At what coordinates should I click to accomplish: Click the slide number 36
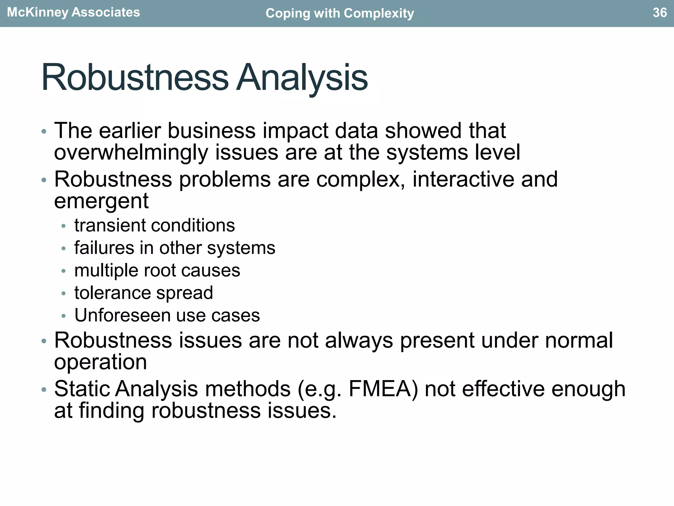[x=660, y=13]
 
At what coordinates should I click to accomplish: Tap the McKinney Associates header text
[x=73, y=13]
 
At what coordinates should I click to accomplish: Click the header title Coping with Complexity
[x=340, y=13]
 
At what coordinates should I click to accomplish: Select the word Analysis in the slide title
[x=302, y=78]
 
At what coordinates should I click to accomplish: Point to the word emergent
[x=101, y=201]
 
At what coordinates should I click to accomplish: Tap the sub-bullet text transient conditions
[x=155, y=226]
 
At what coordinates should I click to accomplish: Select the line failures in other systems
[x=175, y=248]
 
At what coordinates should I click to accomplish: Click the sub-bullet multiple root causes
[x=157, y=270]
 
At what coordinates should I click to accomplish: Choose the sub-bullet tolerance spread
[x=144, y=293]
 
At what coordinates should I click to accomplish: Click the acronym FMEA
[x=380, y=389]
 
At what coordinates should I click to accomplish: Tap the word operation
[x=100, y=362]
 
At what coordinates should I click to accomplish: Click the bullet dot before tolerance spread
[x=64, y=294]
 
